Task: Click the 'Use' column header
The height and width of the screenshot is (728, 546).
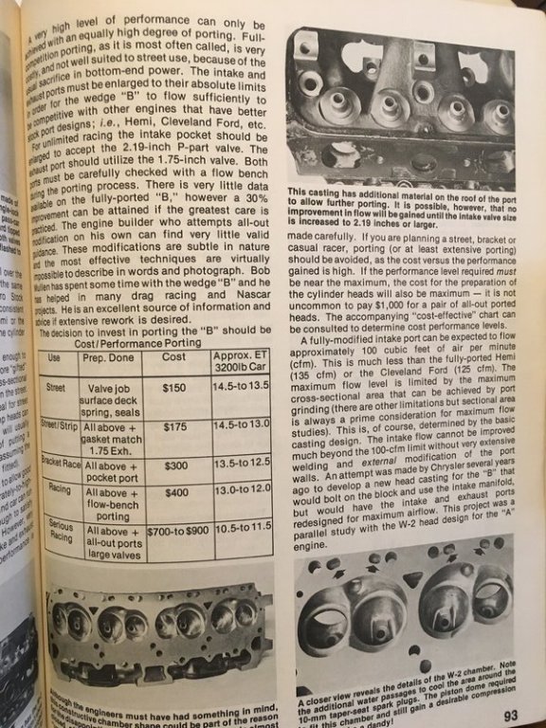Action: click(58, 359)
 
